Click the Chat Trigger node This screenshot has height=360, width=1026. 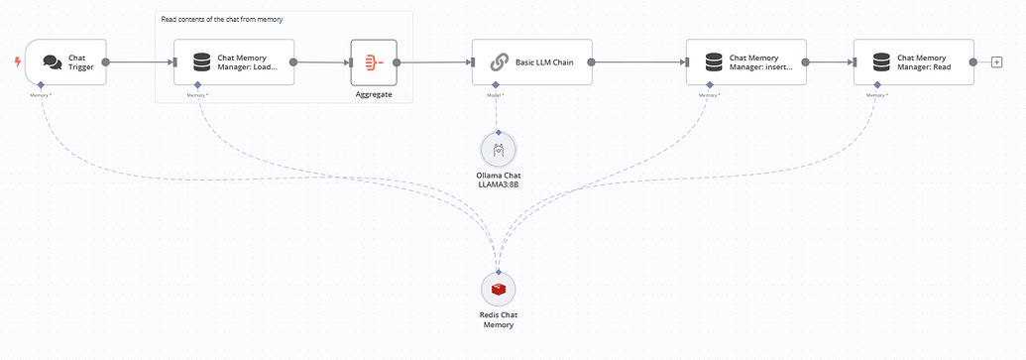[65, 62]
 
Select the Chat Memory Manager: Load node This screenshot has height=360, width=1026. [234, 62]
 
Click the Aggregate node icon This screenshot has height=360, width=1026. [374, 62]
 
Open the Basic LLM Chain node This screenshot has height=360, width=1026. [532, 62]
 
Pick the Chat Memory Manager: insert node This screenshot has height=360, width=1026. [746, 62]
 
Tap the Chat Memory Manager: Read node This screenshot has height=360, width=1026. [913, 62]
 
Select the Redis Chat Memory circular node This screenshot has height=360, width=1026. [499, 289]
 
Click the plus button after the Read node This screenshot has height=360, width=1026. [996, 62]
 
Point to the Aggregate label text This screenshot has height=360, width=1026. [374, 94]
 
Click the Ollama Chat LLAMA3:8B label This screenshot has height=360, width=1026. [499, 180]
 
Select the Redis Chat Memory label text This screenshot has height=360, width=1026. [499, 319]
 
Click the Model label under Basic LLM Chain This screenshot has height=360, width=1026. [496, 95]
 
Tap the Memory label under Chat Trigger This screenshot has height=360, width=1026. [41, 95]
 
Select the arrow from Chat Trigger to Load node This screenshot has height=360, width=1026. [140, 62]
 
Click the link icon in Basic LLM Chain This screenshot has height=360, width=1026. [499, 62]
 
